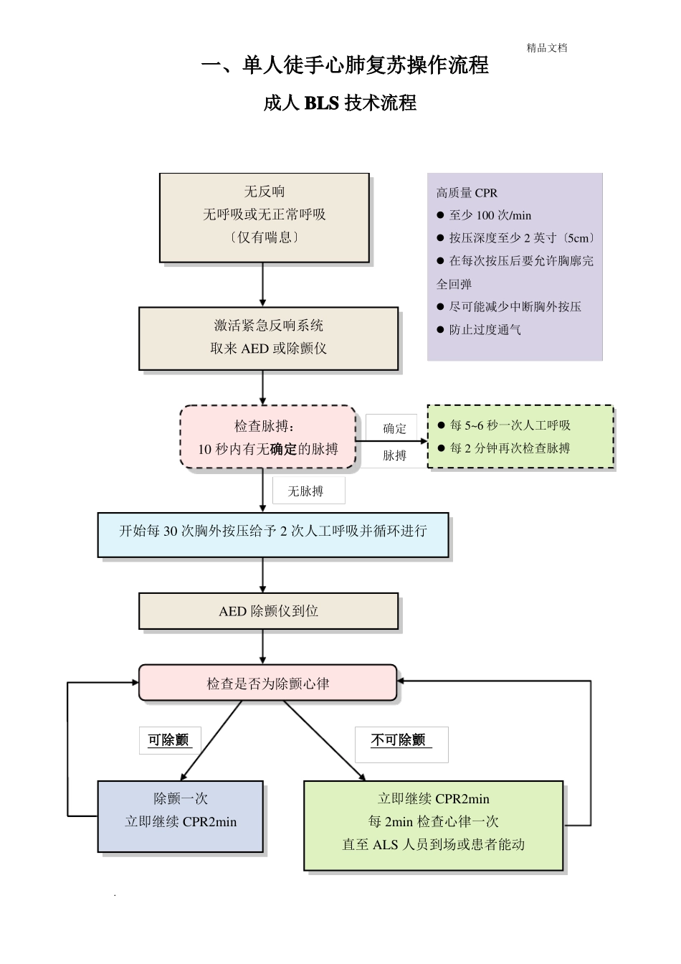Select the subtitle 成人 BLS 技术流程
340,103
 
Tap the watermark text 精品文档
546,48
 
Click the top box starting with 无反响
264,215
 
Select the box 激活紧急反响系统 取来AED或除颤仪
268,338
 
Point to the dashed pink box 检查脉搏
267,438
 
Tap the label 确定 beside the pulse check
394,429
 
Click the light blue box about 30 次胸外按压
272,531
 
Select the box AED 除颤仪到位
268,611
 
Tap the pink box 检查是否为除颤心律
267,684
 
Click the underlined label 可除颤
168,740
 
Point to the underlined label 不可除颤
399,740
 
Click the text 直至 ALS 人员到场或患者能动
433,845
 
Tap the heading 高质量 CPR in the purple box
467,193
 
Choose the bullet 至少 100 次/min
490,215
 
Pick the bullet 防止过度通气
485,330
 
